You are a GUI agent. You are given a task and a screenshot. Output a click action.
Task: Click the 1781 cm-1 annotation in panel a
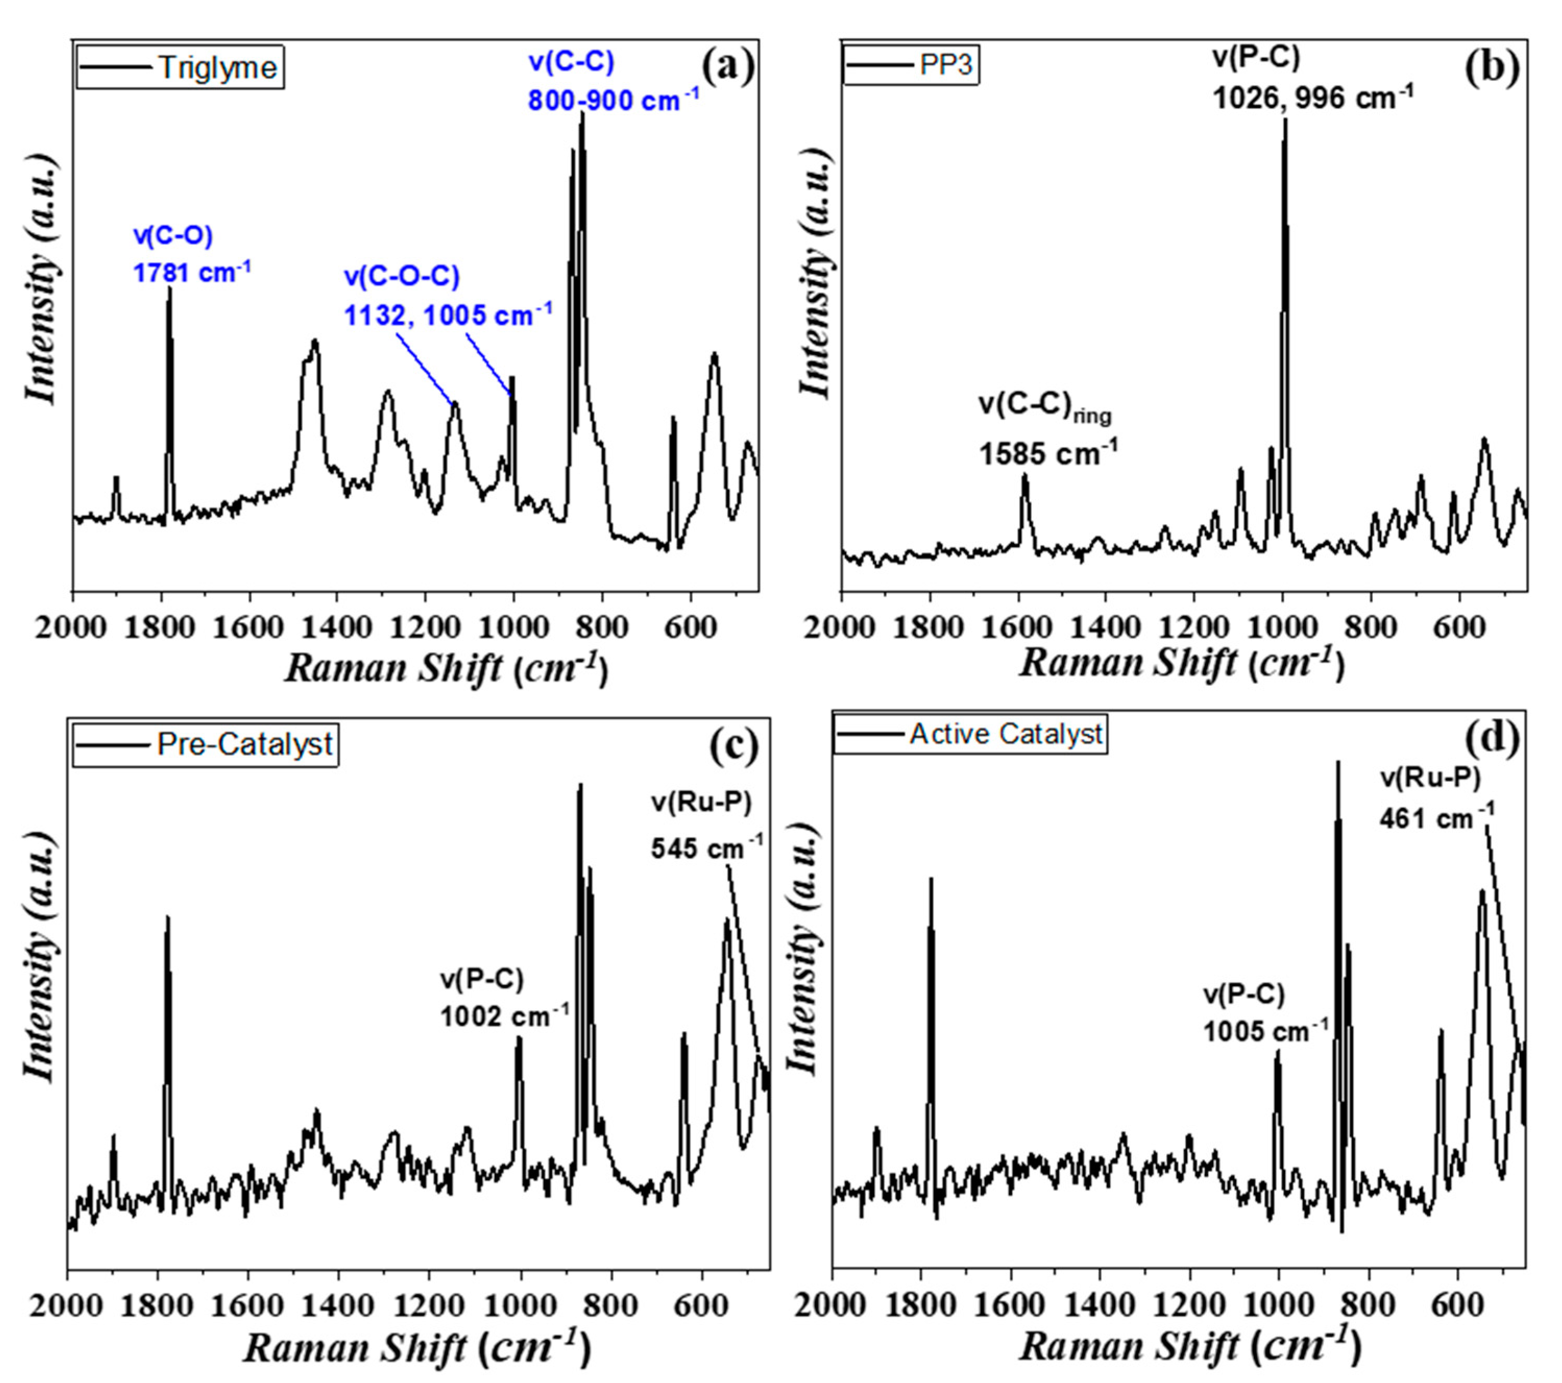tap(192, 272)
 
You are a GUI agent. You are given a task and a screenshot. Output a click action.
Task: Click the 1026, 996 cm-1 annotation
tap(1313, 97)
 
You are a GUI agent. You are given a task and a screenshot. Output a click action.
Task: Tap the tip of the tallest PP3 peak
tap(1285, 120)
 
